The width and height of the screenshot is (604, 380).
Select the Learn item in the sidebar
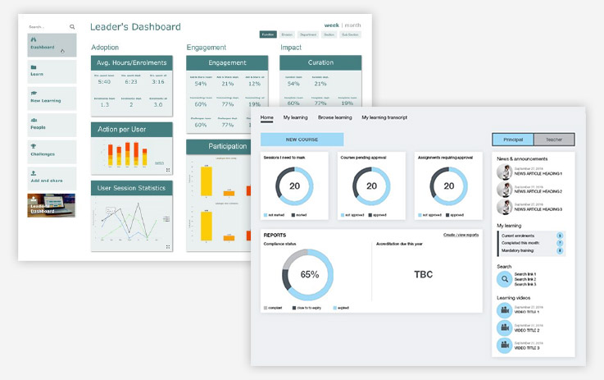coord(51,71)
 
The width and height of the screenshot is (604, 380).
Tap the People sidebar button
coord(51,125)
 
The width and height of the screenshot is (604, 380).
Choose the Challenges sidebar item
coord(51,151)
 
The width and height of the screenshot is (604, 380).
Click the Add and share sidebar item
coord(51,177)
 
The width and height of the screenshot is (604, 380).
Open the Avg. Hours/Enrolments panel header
coord(131,62)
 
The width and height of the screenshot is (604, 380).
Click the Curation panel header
coord(320,62)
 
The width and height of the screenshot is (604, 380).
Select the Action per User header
coord(131,129)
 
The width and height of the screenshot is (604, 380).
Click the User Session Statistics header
coord(131,188)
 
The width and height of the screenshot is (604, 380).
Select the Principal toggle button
coord(512,140)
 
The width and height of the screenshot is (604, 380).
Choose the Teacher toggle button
coord(554,140)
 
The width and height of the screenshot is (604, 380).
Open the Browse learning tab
coord(334,117)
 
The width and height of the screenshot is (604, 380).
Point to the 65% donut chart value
coord(309,274)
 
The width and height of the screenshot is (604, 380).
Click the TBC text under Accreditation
coord(423,274)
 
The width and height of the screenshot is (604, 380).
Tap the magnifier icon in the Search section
coord(505,279)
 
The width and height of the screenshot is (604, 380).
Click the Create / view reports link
coord(461,235)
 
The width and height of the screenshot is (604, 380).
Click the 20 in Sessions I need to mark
coord(293,185)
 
